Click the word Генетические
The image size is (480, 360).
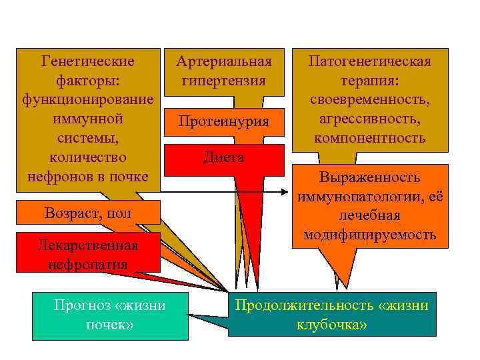click(x=88, y=62)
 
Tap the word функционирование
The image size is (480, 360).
click(x=88, y=100)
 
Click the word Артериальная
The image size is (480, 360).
click(x=224, y=62)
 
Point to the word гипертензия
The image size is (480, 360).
click(x=224, y=81)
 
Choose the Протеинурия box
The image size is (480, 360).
click(x=224, y=121)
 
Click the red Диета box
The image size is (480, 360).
click(x=224, y=158)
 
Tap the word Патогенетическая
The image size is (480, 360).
click(x=369, y=62)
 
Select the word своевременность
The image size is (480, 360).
click(x=369, y=100)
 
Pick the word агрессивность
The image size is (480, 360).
click(x=369, y=119)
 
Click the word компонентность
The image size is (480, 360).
click(x=369, y=139)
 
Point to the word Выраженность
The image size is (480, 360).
click(x=369, y=177)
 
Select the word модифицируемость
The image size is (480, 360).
click(x=369, y=235)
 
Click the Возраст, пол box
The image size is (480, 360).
click(x=88, y=213)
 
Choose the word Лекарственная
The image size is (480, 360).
click(x=88, y=245)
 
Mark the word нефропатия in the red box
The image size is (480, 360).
click(x=88, y=263)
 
